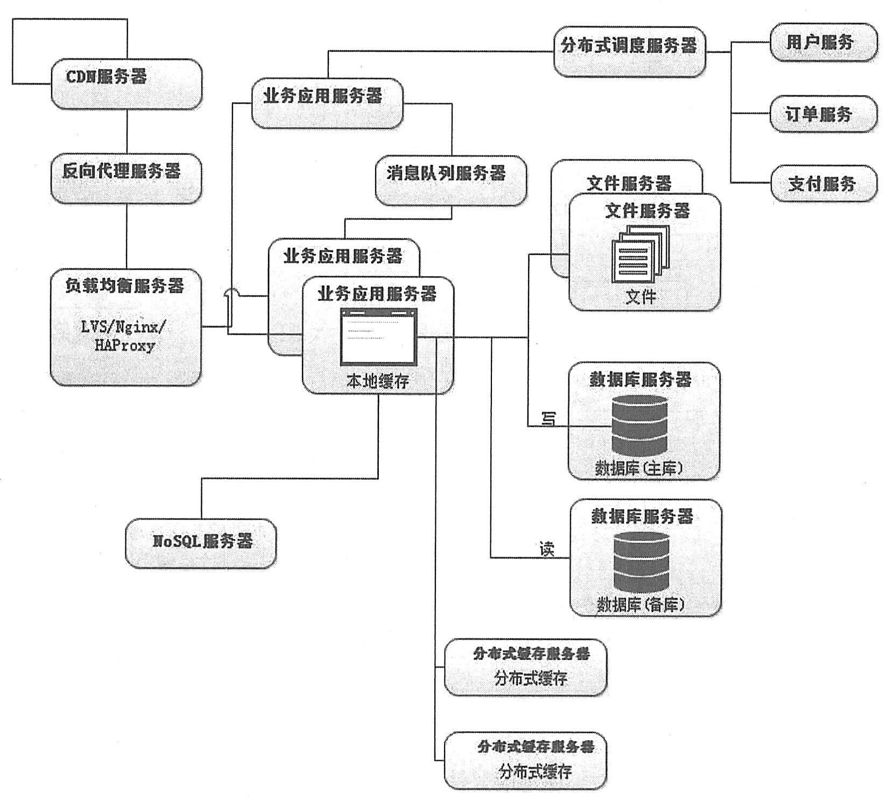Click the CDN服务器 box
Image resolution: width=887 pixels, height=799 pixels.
tap(126, 84)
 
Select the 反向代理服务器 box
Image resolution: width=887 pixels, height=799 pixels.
tap(126, 178)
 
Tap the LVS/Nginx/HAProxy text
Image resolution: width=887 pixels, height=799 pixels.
tap(125, 336)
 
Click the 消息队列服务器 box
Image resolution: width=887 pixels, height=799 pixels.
tap(450, 180)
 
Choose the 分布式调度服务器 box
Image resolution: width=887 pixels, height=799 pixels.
tap(629, 52)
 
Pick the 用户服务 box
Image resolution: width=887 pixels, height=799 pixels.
tap(822, 42)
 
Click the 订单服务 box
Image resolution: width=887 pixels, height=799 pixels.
tap(822, 114)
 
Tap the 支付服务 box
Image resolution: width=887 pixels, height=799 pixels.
tap(823, 184)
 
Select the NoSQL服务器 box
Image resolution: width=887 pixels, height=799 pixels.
tap(201, 543)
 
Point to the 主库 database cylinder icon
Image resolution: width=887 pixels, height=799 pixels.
tap(639, 425)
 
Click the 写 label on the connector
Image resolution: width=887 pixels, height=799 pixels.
tap(548, 419)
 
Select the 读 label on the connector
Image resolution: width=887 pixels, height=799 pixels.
tap(546, 550)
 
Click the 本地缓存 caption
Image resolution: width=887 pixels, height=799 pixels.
tap(378, 382)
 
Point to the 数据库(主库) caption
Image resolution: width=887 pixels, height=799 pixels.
tap(639, 468)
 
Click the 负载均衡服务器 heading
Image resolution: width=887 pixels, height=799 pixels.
tap(125, 286)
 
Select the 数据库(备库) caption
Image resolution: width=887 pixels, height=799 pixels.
tap(641, 605)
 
